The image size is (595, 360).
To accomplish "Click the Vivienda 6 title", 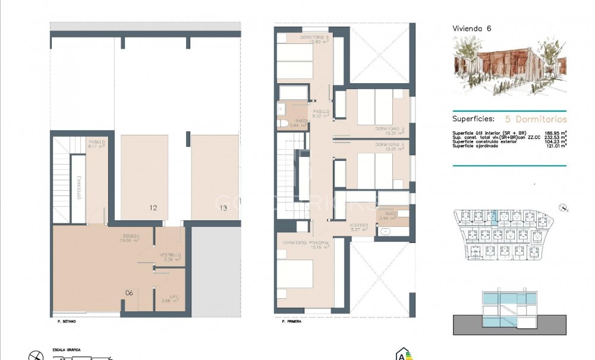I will [x=472, y=28].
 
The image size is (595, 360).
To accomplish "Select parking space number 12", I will [x=153, y=208].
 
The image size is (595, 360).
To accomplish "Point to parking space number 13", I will [x=223, y=208].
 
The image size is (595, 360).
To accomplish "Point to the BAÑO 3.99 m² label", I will [x=390, y=215].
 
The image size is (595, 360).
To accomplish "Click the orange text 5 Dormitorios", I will [x=536, y=119].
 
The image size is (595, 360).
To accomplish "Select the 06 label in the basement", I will [x=129, y=293].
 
